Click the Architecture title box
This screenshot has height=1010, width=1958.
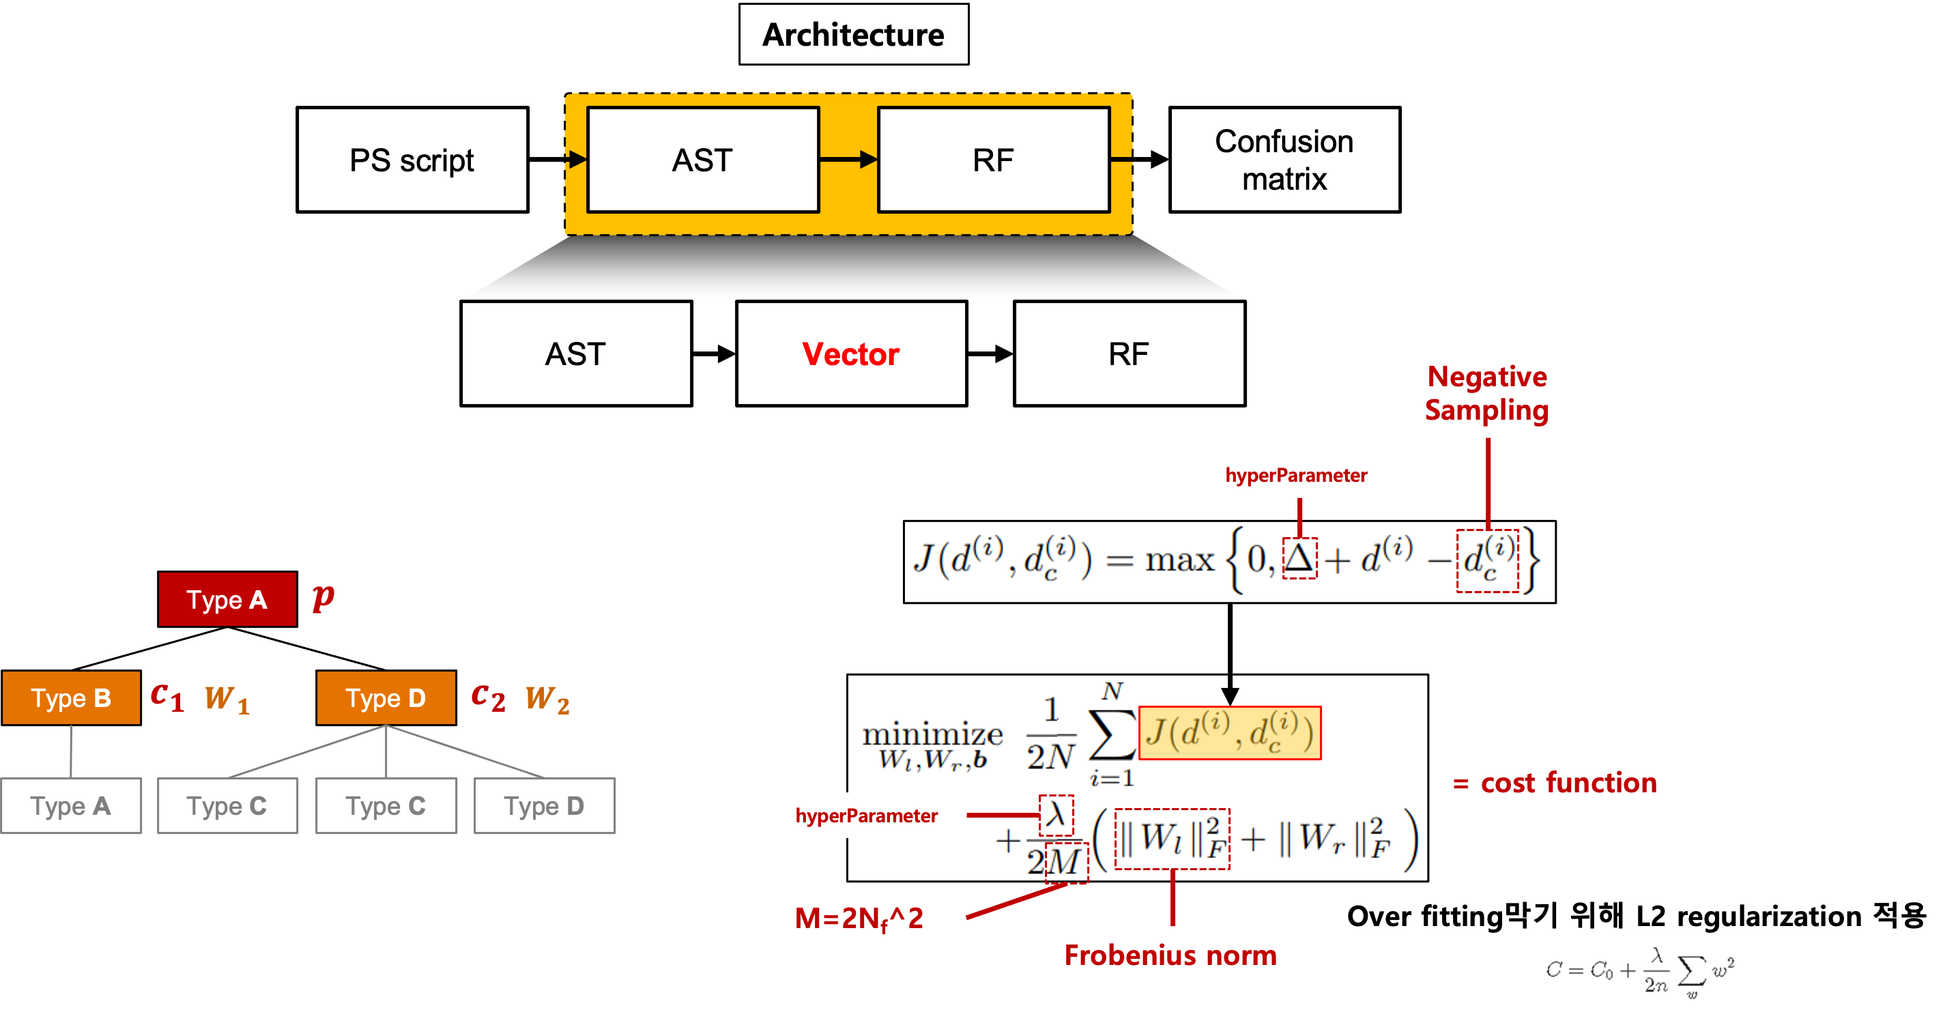pos(854,34)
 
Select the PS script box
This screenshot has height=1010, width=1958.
pos(412,160)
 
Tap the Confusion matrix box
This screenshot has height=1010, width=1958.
pos(1284,160)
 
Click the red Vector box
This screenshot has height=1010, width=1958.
pos(851,353)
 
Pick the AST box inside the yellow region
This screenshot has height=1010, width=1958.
pos(703,160)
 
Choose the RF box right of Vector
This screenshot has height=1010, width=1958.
pos(1129,353)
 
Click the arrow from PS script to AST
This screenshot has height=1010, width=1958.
pos(558,160)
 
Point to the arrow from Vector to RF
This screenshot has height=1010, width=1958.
pos(990,353)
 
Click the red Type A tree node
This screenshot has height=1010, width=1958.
pos(227,599)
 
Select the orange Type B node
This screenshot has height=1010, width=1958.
pos(71,697)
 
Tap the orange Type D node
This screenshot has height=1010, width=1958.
pos(386,697)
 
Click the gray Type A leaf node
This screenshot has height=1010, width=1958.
pos(71,805)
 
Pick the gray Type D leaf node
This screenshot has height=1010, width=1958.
pos(544,805)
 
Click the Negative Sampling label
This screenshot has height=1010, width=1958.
pos(1486,393)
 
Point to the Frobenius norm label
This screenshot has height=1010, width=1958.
pos(1170,955)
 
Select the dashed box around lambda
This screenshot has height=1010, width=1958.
pos(1056,815)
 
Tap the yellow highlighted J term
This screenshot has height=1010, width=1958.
pos(1230,733)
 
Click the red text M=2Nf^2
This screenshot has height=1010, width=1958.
pos(859,919)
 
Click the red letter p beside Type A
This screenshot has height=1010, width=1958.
pos(323,597)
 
